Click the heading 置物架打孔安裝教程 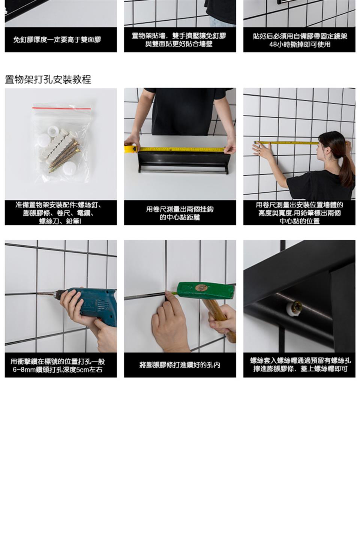48,79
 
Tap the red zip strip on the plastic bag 62,108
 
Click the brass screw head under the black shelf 297,307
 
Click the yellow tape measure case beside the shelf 130,149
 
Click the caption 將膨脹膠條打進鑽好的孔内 180,365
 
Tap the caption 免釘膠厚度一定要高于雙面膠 57,40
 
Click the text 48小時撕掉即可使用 300,44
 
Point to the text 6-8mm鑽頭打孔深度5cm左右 58,369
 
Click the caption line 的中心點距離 180,217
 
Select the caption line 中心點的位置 300,221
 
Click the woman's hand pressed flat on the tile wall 262,151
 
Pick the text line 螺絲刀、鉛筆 60,221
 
